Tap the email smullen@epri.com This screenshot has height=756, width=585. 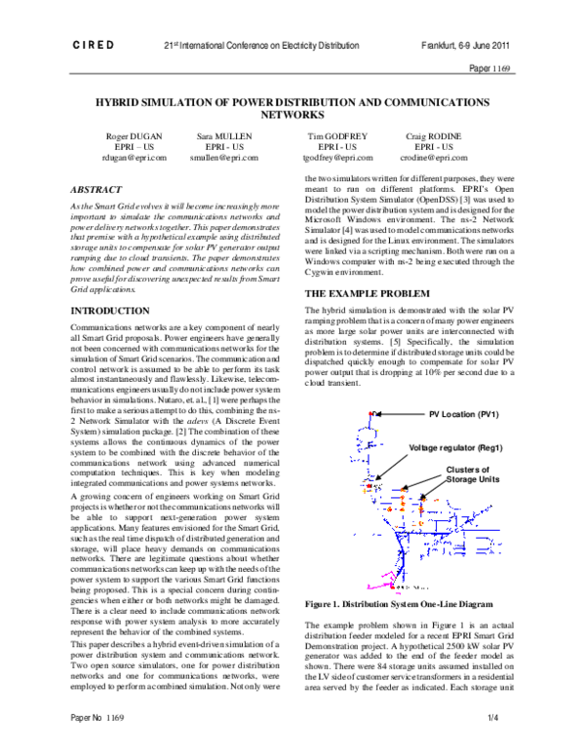click(226, 157)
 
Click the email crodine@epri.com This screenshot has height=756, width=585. click(432, 157)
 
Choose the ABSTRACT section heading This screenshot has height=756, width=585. click(98, 189)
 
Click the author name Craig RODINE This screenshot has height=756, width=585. click(432, 136)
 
